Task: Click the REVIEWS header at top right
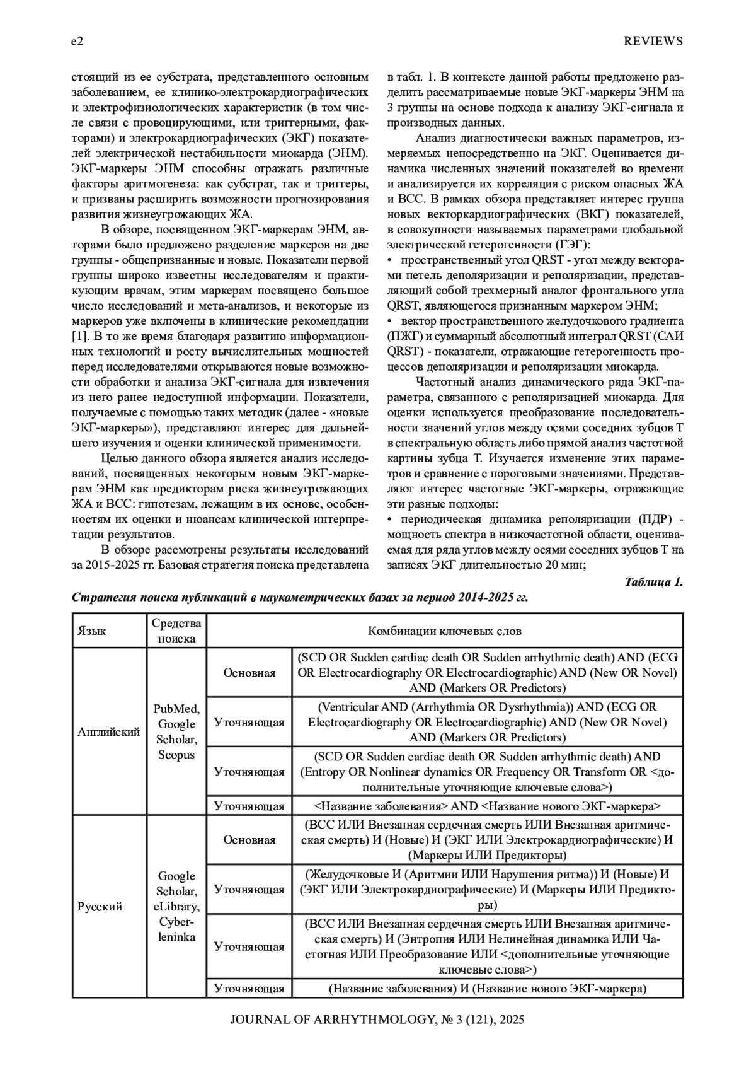(653, 42)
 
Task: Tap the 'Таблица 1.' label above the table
(653, 581)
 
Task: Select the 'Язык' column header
(92, 631)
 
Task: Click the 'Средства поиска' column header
(176, 631)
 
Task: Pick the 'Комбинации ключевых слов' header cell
(444, 631)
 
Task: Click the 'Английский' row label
(108, 731)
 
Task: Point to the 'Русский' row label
(100, 906)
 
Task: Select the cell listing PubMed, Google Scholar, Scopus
(176, 731)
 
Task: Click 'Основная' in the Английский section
(249, 673)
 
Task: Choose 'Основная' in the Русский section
(249, 840)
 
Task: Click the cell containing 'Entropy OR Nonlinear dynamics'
(487, 772)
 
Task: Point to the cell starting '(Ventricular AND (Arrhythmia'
(487, 722)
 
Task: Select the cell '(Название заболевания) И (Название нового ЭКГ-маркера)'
(487, 988)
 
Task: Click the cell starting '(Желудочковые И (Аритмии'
(487, 890)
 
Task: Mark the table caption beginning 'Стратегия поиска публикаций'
(300, 598)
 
